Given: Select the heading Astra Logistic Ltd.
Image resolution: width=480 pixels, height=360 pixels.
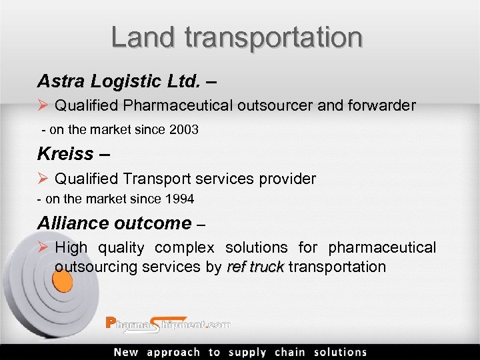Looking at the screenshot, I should tap(119, 81).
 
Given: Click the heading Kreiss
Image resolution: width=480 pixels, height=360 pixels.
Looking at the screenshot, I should tap(65, 153).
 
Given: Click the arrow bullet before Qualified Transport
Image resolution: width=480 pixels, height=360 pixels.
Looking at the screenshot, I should tap(43, 179).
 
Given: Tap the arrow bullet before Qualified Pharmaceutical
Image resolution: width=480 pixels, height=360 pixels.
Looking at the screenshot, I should tap(43, 105).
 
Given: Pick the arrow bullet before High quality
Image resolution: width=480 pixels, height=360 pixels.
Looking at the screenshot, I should tap(43, 248).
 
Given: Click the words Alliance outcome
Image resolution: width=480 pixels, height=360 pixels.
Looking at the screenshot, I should tap(114, 223).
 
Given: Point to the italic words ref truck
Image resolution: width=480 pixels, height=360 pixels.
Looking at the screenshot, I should tap(255, 267).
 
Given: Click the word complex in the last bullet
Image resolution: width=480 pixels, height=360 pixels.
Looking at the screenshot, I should tap(185, 248).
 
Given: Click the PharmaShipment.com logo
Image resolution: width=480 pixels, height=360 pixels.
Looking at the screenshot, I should tap(168, 324).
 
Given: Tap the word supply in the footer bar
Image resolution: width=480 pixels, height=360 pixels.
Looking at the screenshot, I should tap(247, 352).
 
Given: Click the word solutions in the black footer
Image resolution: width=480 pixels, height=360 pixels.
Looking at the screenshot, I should tap(340, 352).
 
